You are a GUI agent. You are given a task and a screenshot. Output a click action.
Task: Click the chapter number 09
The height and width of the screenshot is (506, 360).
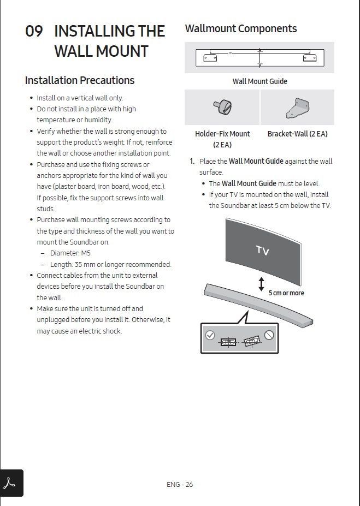tap(33, 31)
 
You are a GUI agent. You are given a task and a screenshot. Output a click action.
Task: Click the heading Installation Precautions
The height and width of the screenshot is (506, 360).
tap(79, 80)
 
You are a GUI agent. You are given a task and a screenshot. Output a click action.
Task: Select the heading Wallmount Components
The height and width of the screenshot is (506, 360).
tap(240, 28)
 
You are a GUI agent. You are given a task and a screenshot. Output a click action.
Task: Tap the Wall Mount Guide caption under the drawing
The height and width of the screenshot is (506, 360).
tap(259, 81)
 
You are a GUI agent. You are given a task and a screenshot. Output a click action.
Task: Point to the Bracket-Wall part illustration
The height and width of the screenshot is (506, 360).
tap(297, 108)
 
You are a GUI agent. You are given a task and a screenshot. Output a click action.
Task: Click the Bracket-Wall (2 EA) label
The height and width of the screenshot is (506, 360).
tap(297, 134)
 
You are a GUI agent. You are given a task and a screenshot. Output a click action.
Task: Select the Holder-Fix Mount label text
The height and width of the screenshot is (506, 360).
tap(222, 134)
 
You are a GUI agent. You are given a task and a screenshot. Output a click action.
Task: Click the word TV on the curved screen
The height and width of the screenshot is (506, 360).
tap(263, 251)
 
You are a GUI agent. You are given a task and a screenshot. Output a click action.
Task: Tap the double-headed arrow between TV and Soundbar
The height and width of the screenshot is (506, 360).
tap(261, 284)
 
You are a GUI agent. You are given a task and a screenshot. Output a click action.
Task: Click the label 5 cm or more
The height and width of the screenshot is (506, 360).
tap(286, 293)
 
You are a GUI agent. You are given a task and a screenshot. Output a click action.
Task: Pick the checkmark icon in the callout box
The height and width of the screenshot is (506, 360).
tap(210, 335)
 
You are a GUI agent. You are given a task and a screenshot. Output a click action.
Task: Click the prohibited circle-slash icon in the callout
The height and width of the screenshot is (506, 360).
tap(269, 335)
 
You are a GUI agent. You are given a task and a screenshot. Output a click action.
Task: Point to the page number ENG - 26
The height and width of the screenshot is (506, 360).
tap(180, 484)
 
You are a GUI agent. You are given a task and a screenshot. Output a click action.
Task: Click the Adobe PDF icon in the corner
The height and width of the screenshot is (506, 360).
tap(11, 483)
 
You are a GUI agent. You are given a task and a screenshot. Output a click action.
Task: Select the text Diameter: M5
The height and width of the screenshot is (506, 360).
tap(70, 253)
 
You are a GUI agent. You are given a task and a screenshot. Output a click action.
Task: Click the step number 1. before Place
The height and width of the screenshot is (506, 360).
tap(192, 162)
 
